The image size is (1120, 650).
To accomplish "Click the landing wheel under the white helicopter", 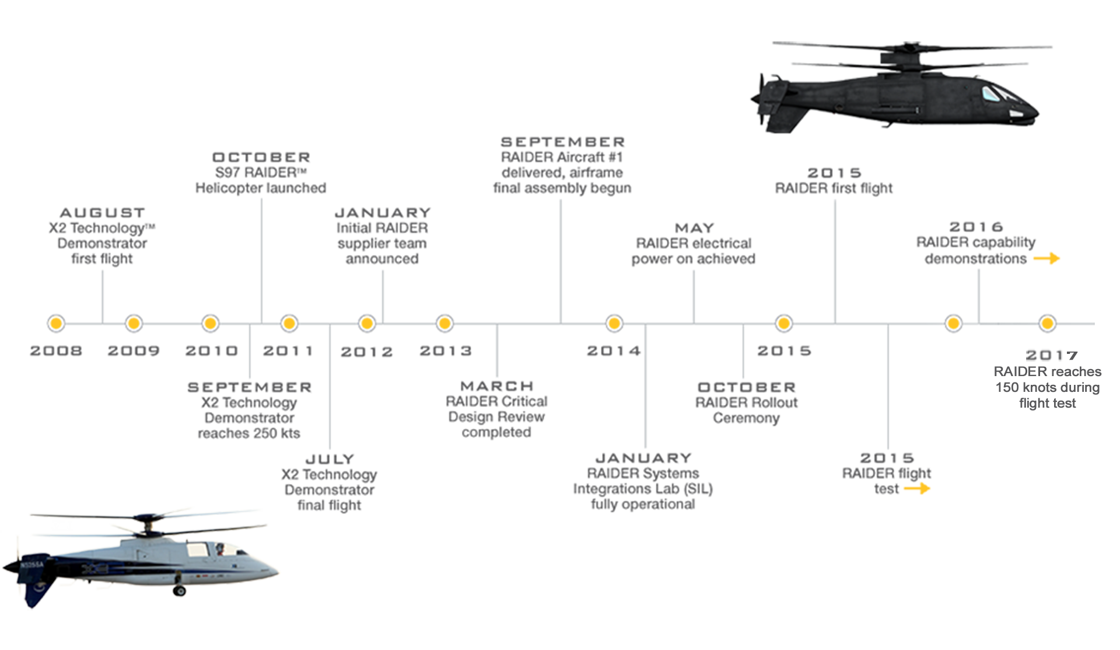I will pos(180,591).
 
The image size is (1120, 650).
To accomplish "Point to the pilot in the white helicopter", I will pos(220,549).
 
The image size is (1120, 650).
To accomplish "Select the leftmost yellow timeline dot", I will pos(56,322).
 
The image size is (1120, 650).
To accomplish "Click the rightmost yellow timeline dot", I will pos(1047,322).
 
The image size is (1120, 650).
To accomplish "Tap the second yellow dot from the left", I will pos(134,322).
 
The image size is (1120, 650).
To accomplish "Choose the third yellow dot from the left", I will pos(211,322).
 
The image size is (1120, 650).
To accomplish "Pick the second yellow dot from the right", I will pos(953,322).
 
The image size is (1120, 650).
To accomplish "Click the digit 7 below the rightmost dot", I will pos(1071,355).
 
